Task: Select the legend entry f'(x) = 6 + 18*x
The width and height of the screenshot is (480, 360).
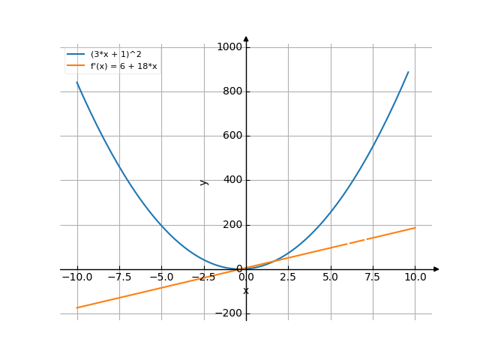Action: pos(124,66)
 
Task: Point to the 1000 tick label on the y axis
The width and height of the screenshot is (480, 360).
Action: pos(229,47)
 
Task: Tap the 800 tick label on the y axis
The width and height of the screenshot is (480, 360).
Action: pos(231,91)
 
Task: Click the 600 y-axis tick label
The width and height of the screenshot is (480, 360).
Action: pos(231,136)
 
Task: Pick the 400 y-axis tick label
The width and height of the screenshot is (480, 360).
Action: pos(231,180)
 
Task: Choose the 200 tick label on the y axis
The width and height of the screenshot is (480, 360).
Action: pos(231,225)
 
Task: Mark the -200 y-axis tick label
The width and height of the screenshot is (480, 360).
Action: pos(228,313)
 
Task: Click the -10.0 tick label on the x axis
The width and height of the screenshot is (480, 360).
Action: pos(77,277)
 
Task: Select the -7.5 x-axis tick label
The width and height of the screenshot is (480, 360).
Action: pos(119,277)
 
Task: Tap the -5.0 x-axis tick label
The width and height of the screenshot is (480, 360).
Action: pos(161,277)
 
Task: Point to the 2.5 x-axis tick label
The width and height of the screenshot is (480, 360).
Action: pos(288,277)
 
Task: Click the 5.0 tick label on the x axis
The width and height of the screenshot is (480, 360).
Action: pos(331,277)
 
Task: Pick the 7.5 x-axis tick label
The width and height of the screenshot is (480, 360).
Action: pos(373,277)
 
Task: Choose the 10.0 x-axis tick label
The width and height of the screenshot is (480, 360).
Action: pos(415,277)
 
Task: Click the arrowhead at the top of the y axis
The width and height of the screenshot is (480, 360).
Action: pos(246,39)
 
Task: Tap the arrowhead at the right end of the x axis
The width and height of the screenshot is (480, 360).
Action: pos(436,268)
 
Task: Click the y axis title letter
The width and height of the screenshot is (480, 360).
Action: pos(203,181)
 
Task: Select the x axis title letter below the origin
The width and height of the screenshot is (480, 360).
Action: pos(246,290)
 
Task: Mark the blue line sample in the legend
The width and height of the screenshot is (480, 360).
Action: pos(75,55)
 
